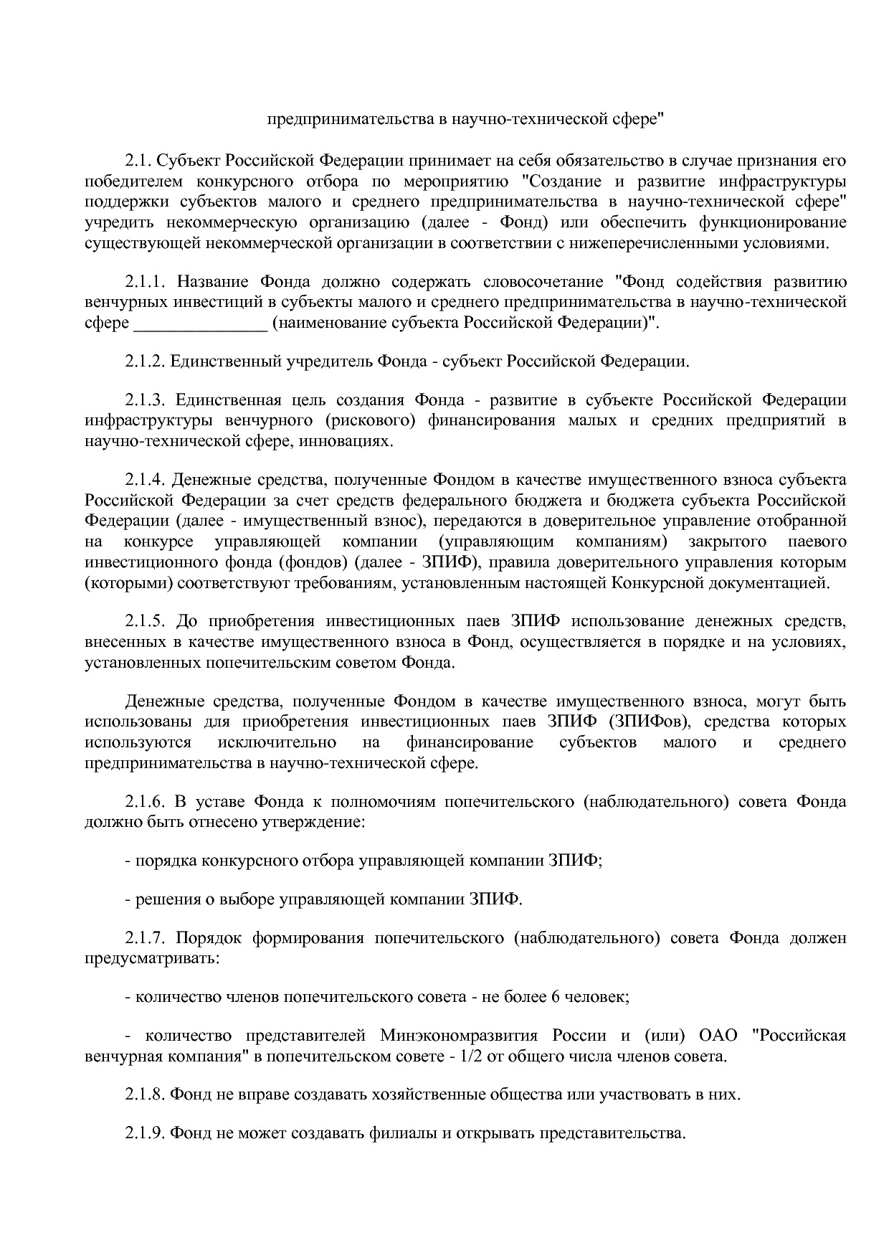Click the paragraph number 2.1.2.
click(145, 361)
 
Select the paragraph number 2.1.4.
click(145, 478)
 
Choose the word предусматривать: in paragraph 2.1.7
click(151, 958)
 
